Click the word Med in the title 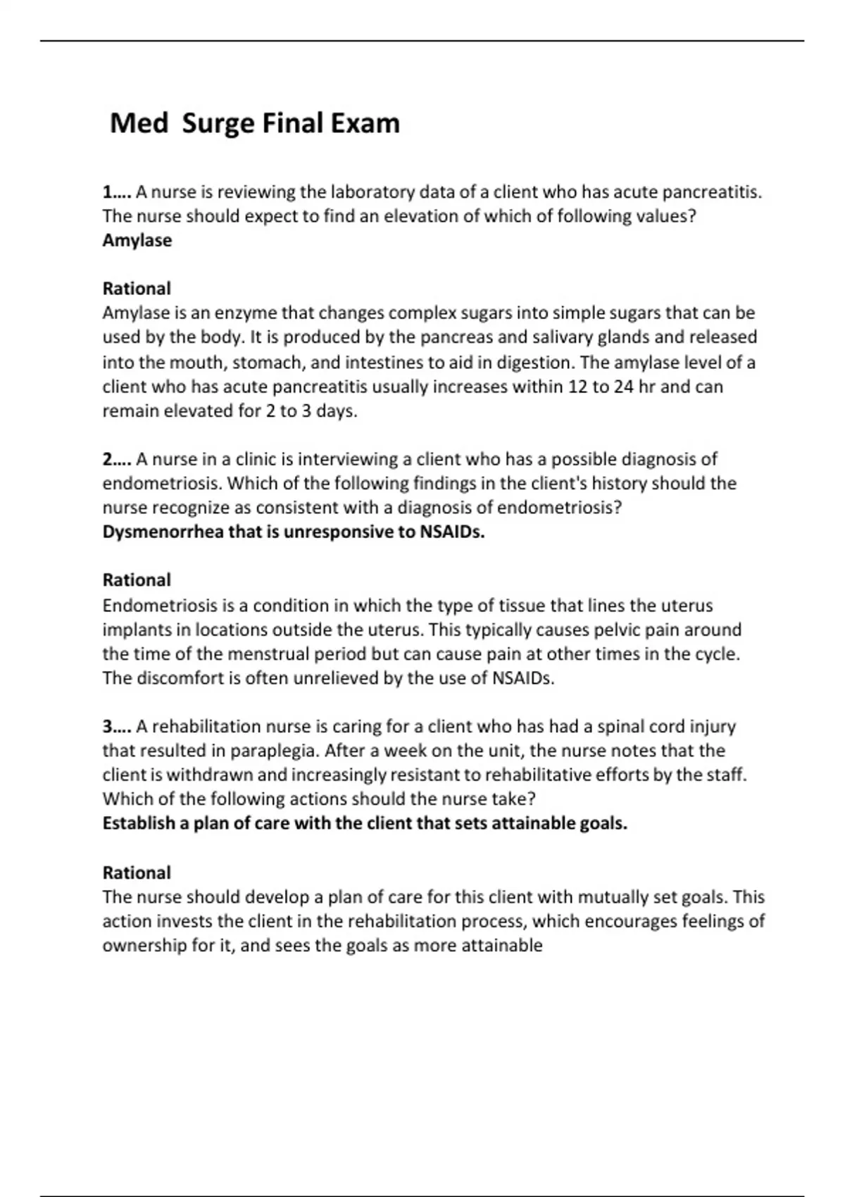[x=139, y=123]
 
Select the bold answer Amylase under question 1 [x=137, y=240]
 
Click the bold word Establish [x=137, y=823]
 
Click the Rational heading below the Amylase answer [x=137, y=288]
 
